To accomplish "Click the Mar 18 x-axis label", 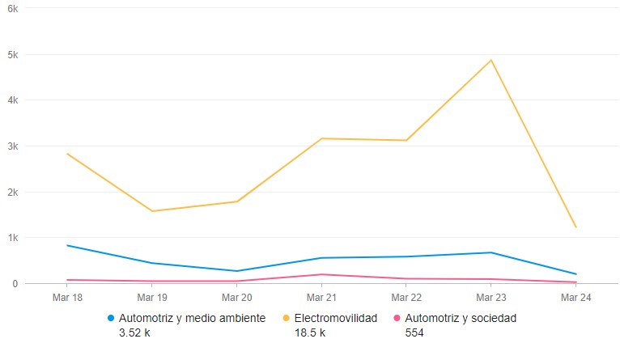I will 67,298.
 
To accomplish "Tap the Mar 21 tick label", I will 321,298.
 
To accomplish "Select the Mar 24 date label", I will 575,298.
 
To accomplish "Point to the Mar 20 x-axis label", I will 236,298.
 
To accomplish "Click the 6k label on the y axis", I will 13,8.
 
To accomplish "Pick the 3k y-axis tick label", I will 13,146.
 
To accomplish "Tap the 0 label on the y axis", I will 15,284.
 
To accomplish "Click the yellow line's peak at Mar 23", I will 490,60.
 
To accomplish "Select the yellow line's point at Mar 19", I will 151,211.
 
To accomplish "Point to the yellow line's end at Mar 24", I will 575,227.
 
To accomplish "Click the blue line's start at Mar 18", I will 67,245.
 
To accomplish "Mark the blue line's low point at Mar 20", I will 236,271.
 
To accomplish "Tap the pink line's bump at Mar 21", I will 321,274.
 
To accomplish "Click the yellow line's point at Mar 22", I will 406,141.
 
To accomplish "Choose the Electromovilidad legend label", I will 336,318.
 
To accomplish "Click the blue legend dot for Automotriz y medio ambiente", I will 112,318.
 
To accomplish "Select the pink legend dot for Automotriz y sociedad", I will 397,318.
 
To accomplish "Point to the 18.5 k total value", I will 310,332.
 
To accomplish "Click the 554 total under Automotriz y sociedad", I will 413,332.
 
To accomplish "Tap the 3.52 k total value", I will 134,332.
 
